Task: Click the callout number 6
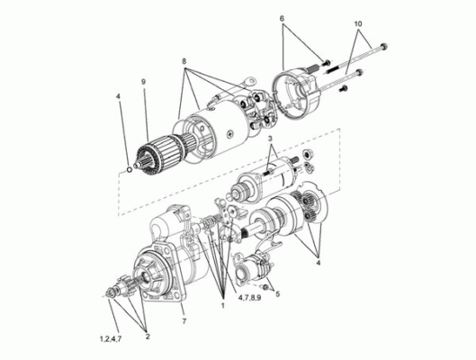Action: (282, 18)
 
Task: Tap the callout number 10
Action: (358, 23)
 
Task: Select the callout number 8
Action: (184, 61)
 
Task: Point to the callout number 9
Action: (144, 82)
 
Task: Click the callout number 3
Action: (271, 138)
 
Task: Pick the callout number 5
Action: (278, 293)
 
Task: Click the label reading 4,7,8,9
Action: (249, 298)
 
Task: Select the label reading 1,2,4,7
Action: (111, 339)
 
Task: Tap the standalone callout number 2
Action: (148, 337)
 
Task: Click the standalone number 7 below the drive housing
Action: (184, 320)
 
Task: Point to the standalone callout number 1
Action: (222, 305)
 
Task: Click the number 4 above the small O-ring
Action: (119, 96)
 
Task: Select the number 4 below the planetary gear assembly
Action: (318, 263)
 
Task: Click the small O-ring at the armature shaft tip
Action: (129, 169)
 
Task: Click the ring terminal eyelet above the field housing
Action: (251, 81)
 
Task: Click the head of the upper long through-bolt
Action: (383, 47)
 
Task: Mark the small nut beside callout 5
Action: (265, 287)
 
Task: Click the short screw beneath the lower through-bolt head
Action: (344, 88)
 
